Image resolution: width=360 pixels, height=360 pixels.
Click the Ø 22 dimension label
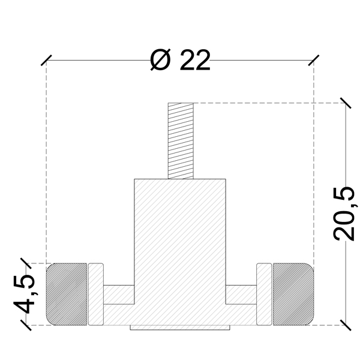(180, 59)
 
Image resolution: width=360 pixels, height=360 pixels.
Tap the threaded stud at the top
(181, 141)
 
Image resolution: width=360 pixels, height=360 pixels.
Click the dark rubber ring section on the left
(67, 294)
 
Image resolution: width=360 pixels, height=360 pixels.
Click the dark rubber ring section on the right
(293, 294)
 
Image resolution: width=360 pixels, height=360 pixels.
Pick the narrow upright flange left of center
(96, 294)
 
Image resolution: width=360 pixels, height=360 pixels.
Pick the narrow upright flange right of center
(264, 294)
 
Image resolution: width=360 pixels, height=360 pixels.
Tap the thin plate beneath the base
(180, 328)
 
